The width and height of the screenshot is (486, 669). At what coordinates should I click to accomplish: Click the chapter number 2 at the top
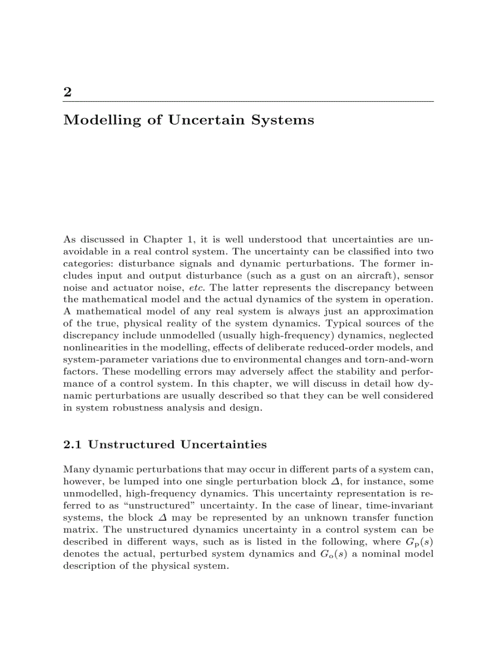(67, 92)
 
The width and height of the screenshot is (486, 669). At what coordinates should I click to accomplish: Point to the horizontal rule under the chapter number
(248, 101)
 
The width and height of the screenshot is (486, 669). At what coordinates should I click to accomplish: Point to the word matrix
(78, 530)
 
